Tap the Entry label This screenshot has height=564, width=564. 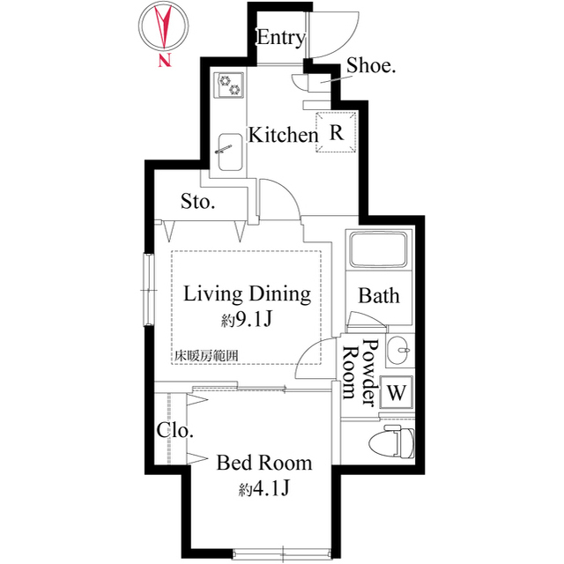tap(280, 38)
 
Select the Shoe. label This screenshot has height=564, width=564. tap(370, 64)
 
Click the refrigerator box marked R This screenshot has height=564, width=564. tap(336, 133)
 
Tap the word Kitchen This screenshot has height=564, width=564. tap(282, 136)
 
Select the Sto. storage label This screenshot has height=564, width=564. tap(198, 202)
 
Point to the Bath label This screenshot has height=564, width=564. tap(378, 295)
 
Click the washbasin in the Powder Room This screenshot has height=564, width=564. tap(398, 351)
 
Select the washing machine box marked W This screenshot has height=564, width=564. tap(397, 391)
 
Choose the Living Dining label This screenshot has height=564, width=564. tap(247, 293)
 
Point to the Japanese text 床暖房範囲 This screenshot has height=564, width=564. tap(205, 356)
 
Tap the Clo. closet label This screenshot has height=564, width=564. tap(175, 430)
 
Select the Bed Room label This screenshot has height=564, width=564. tap(263, 462)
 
